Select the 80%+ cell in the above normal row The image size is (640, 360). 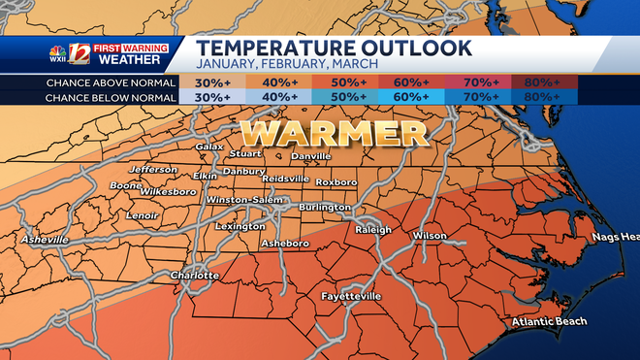(x=546, y=82)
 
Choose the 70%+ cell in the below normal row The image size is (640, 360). (x=476, y=97)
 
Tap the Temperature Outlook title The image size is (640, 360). (x=335, y=48)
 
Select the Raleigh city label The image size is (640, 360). (x=373, y=230)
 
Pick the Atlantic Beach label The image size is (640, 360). (x=552, y=322)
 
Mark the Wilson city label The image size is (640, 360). (x=431, y=235)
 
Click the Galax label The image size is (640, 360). (x=209, y=147)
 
